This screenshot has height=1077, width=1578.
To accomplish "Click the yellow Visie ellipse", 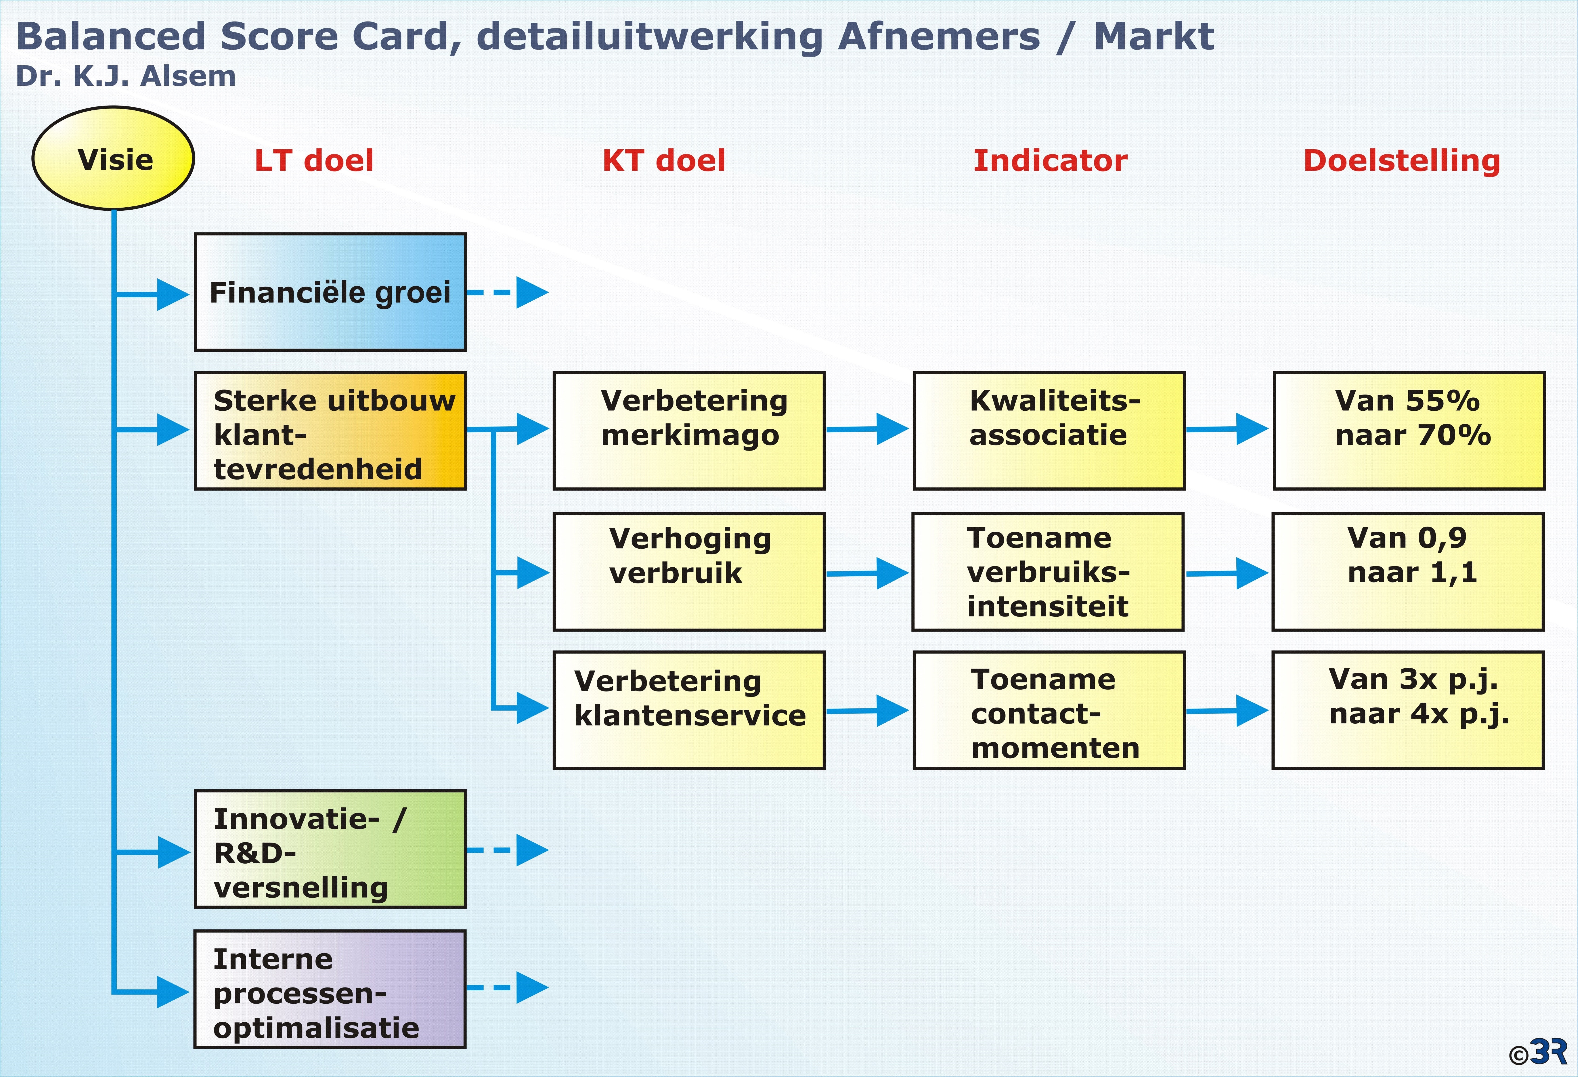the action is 113,158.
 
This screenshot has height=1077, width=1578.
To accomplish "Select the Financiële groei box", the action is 331,292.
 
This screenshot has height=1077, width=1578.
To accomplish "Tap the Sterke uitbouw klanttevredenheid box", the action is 331,431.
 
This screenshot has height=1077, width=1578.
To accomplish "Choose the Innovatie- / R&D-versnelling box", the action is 331,849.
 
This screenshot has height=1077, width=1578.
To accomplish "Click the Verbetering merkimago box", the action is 689,431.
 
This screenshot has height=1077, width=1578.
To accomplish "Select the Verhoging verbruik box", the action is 689,572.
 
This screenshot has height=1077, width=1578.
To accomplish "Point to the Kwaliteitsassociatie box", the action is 1049,431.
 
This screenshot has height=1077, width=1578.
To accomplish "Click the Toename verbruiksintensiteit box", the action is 1048,572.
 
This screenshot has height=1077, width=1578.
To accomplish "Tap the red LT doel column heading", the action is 314,161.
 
